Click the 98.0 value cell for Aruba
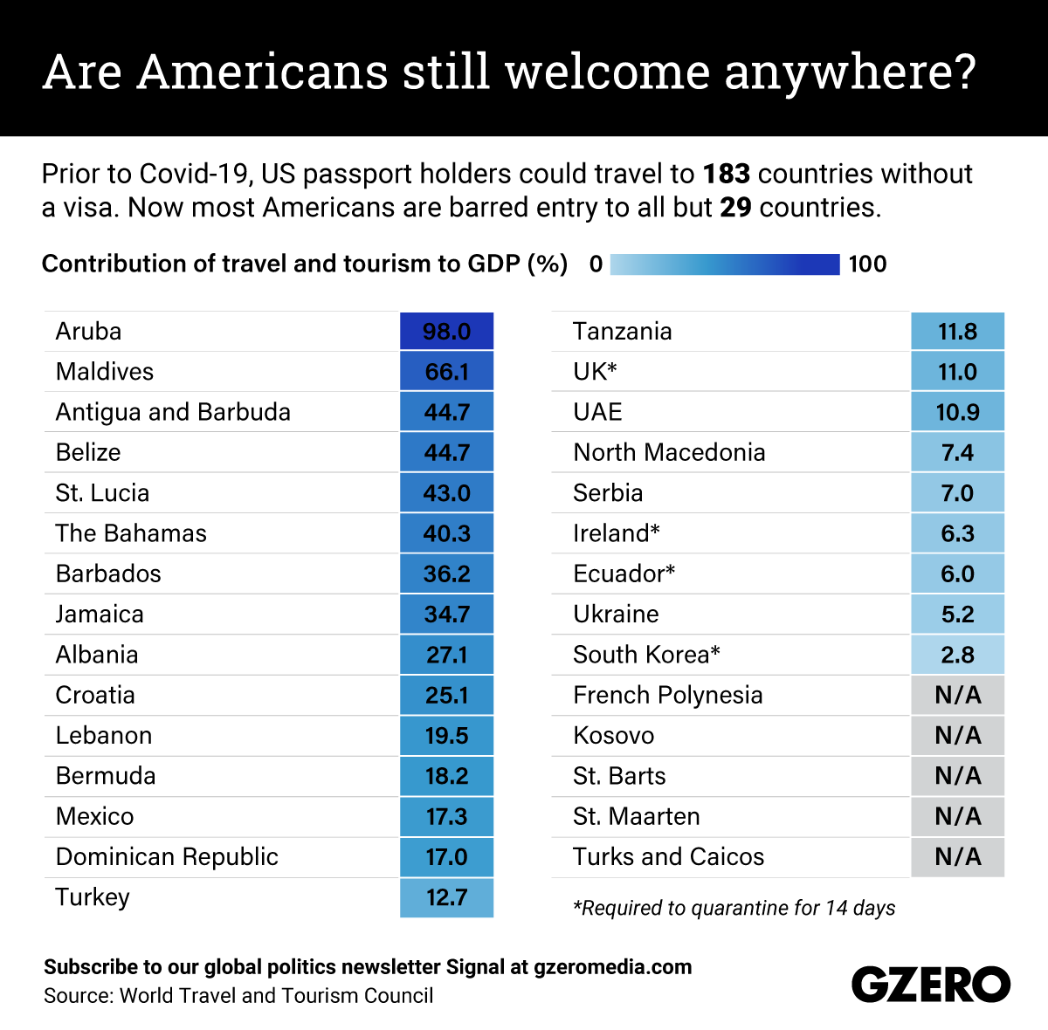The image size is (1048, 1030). point(446,332)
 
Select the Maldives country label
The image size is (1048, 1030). point(105,372)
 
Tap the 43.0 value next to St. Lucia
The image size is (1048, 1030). point(446,493)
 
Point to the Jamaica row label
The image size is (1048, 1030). point(100,615)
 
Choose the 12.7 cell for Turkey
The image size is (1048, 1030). point(446,897)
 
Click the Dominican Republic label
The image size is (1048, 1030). point(167,857)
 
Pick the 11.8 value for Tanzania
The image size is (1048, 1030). point(957,332)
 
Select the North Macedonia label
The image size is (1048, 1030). point(669,452)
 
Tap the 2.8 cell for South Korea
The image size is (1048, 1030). point(957,655)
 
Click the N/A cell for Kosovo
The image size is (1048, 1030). point(957,736)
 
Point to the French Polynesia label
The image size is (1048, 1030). point(667,696)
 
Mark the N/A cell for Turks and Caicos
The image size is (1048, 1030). point(957,857)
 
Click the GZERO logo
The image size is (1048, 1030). point(930,985)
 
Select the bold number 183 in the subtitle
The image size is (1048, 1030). point(727,174)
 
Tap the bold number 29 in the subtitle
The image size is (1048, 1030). point(735,208)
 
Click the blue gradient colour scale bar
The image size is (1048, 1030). point(724,264)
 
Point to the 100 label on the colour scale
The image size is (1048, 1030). point(867,264)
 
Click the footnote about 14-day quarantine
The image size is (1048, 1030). point(734,908)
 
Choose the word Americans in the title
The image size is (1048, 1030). point(263,72)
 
